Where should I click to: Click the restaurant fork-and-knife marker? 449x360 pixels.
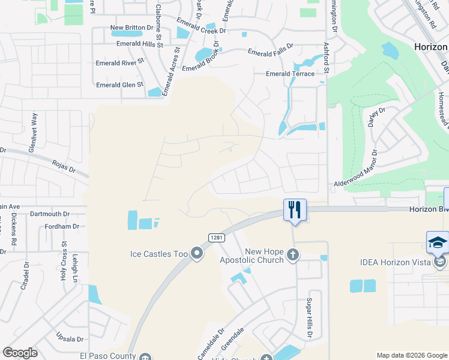[295, 210]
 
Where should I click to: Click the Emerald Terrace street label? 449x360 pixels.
[291, 74]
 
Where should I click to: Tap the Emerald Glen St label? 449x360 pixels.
[120, 85]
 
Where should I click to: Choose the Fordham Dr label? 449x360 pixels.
[62, 226]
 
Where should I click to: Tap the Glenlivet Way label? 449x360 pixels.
[34, 125]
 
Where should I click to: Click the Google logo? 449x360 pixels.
[20, 353]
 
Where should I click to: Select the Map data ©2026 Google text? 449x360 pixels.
[412, 355]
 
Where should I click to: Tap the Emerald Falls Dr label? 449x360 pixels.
[271, 53]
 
